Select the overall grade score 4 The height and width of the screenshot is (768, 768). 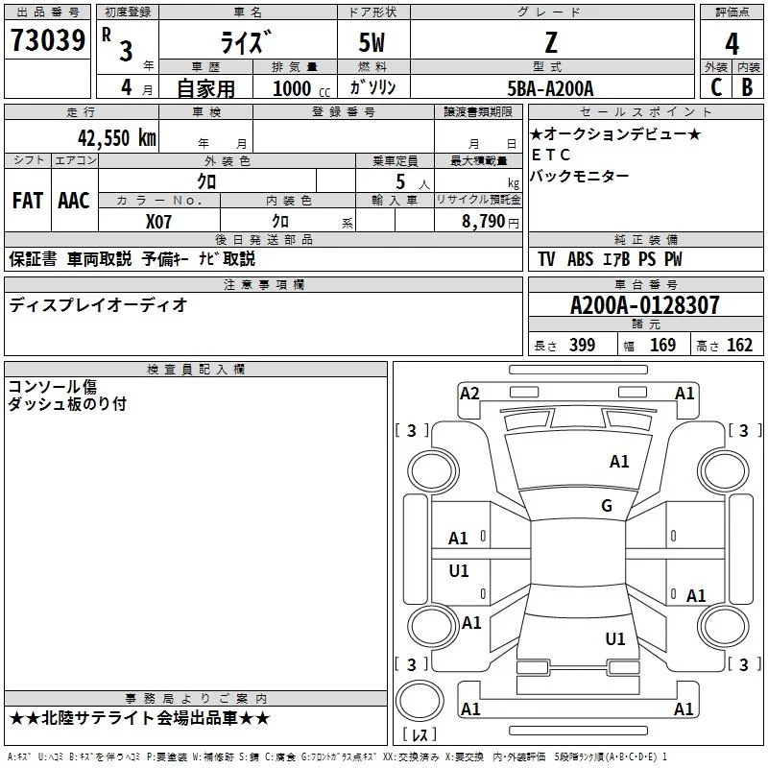[732, 43]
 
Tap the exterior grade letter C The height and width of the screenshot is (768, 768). [715, 86]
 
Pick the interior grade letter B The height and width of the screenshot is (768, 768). [747, 86]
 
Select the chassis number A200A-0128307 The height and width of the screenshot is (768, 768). [644, 305]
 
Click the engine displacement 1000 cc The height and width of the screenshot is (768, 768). [299, 88]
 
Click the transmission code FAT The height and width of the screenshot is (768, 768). [27, 201]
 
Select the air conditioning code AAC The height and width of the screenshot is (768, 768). [73, 201]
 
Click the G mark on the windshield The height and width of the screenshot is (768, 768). [606, 506]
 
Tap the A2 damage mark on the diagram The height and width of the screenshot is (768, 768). [469, 393]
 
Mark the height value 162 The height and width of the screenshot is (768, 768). [739, 346]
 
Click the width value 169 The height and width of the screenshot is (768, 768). [662, 346]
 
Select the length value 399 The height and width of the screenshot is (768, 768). [582, 346]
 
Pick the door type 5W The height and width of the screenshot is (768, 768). [372, 43]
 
